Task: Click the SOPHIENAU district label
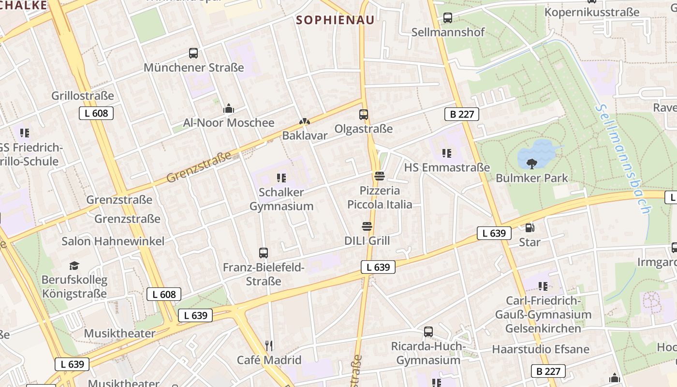(335, 20)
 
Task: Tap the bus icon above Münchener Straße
(193, 53)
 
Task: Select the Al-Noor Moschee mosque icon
(228, 109)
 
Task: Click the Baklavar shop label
(305, 135)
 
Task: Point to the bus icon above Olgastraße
(364, 115)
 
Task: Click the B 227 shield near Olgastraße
(461, 114)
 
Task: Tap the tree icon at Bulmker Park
(532, 164)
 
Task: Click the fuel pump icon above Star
(530, 227)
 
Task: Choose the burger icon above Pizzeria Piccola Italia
(380, 176)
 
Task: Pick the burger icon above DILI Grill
(367, 226)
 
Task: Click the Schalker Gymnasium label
(281, 199)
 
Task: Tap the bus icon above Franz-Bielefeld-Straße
(264, 253)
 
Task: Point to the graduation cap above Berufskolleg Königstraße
(74, 266)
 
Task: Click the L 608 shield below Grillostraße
(96, 113)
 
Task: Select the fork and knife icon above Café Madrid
(269, 345)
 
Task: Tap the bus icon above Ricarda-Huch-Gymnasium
(428, 332)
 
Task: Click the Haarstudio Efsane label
(541, 349)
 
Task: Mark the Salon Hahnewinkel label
(113, 241)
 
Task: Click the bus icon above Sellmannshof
(448, 18)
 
